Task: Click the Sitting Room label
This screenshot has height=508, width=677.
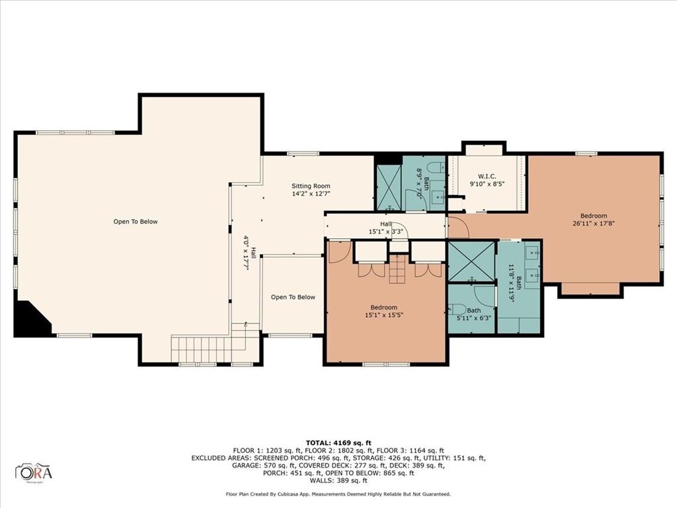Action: tap(311, 186)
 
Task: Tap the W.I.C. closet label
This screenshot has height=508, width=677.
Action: tap(487, 176)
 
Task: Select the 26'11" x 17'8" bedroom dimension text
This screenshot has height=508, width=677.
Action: tap(593, 224)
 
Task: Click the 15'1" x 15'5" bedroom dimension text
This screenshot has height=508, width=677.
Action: tap(384, 316)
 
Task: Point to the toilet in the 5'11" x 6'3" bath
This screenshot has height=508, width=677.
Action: tap(458, 310)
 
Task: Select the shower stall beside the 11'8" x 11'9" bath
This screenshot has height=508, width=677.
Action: tap(471, 262)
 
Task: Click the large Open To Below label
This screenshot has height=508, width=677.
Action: tap(136, 222)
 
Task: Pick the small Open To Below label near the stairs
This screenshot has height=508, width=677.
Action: tap(293, 297)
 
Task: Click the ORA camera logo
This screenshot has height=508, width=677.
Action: tap(34, 472)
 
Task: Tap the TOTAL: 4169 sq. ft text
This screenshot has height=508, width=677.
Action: tap(338, 443)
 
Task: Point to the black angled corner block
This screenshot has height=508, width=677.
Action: tap(30, 319)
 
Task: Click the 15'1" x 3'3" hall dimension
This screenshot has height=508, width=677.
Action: tap(386, 232)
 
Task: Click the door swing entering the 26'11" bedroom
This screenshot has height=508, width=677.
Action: tap(458, 227)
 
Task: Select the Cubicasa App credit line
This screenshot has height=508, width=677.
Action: tap(338, 494)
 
